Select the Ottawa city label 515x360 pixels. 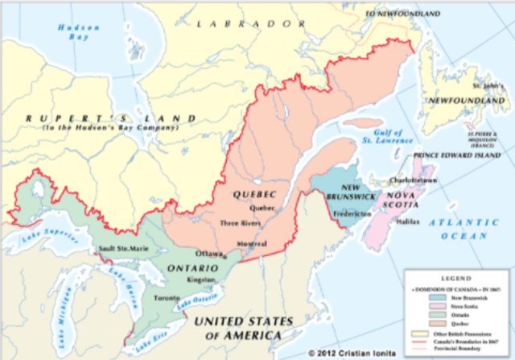pyautogui.click(x=210, y=253)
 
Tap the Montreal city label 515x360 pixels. pyautogui.click(x=252, y=244)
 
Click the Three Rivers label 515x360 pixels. pyautogui.click(x=240, y=222)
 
